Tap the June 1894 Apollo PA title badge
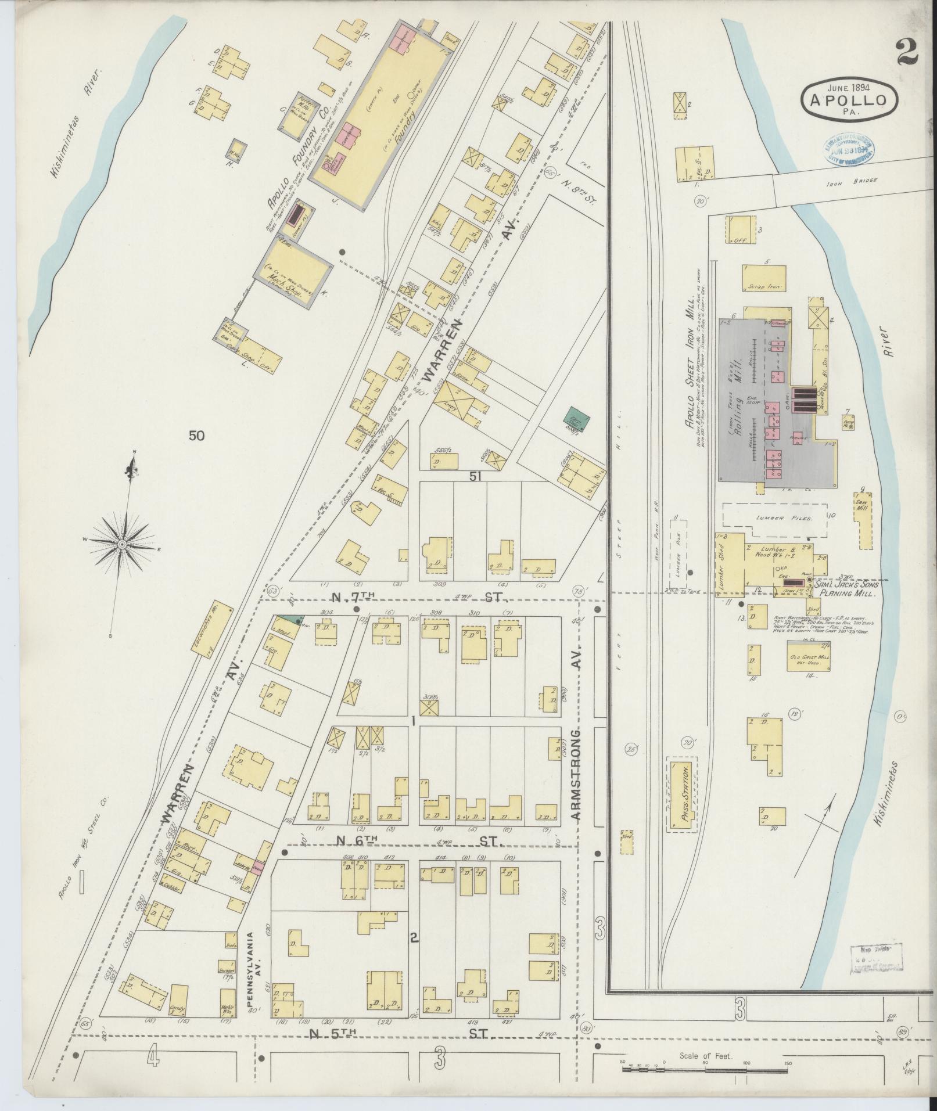pyautogui.click(x=850, y=99)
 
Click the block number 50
pyautogui.click(x=196, y=435)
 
